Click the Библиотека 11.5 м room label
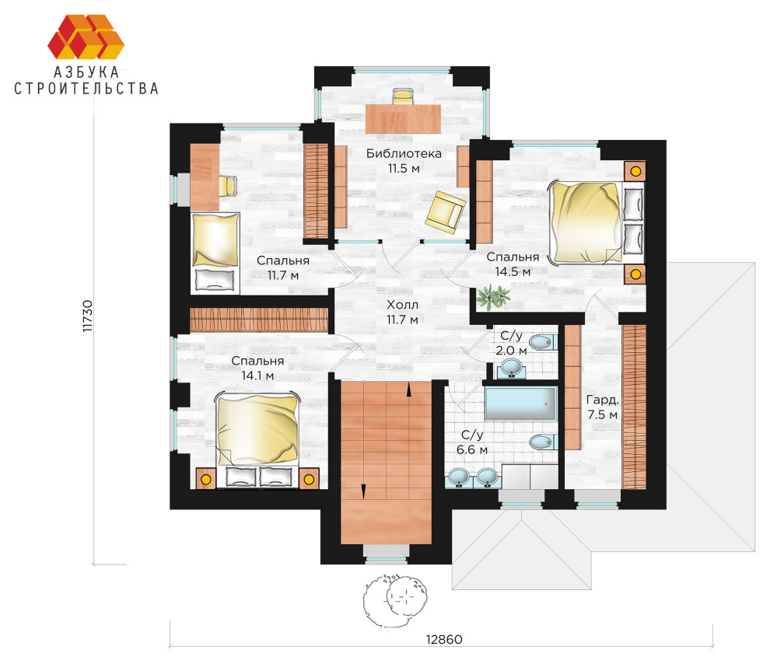404,160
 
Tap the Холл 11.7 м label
402,312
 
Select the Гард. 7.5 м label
602,407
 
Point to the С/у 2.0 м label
511,343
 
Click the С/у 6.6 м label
472,442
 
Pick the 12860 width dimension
444,639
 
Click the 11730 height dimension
87,316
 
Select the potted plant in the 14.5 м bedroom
492,297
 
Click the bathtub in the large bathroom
521,404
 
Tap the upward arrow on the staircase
408,390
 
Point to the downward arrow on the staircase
363,491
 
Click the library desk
403,118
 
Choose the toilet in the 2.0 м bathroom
543,342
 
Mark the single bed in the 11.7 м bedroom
215,253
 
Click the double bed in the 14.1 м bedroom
257,440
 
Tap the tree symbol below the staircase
396,599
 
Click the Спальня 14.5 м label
513,264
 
